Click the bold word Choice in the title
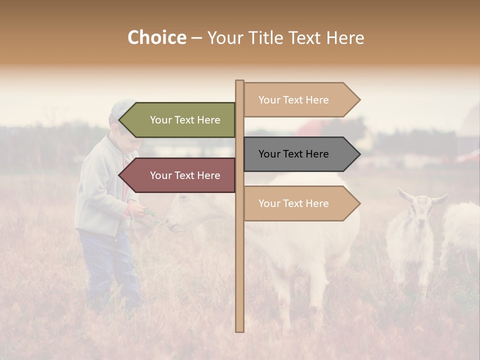(156, 37)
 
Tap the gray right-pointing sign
(300, 154)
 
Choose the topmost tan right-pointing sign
(300, 100)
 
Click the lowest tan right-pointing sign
(300, 203)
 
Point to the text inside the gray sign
(293, 154)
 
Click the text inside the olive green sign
(185, 120)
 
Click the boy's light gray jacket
(100, 190)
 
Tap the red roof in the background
(310, 127)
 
